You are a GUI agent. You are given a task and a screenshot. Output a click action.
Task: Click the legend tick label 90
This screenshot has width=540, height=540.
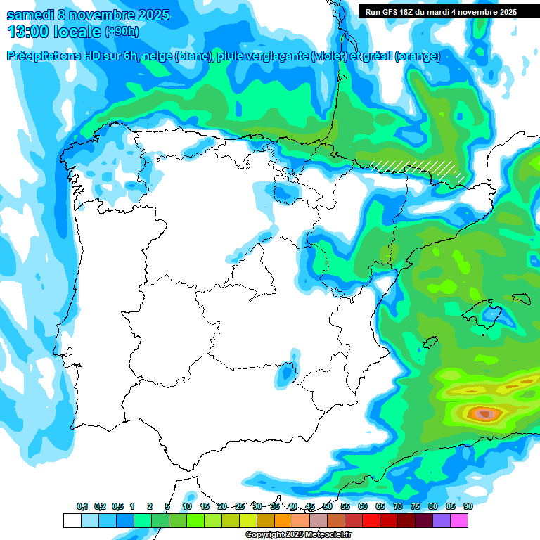[x=468, y=506]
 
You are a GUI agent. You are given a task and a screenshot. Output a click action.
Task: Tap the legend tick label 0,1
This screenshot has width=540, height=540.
[x=82, y=506]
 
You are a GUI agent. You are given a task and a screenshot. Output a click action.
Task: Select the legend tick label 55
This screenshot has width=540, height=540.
[x=345, y=506]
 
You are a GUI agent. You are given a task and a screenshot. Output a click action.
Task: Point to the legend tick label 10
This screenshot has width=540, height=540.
[x=187, y=506]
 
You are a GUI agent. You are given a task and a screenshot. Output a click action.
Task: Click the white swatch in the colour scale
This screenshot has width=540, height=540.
[x=72, y=520]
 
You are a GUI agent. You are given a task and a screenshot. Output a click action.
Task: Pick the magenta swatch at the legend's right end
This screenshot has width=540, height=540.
[x=459, y=520]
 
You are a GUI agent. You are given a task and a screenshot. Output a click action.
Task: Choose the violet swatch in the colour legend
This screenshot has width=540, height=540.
[x=442, y=520]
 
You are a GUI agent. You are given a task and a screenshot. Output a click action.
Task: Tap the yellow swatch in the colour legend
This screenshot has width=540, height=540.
[x=248, y=520]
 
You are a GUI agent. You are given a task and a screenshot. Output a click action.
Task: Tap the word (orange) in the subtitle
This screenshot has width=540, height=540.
[x=418, y=56]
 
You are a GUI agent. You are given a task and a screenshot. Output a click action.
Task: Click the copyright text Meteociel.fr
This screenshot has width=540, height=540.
[x=324, y=535]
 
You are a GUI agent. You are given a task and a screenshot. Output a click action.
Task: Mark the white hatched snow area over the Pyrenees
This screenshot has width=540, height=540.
[x=415, y=167]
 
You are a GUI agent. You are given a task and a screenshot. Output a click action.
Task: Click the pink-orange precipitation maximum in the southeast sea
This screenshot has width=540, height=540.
[x=484, y=413]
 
